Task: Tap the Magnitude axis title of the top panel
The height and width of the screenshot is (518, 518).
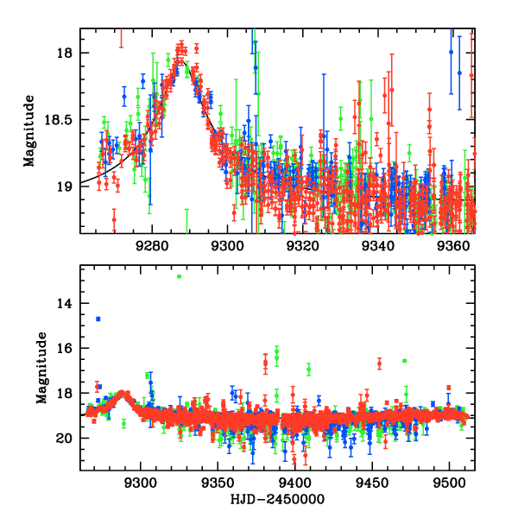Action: click(30, 129)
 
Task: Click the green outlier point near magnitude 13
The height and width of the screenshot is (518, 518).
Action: click(179, 276)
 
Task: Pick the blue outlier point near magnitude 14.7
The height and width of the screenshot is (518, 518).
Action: click(98, 319)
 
